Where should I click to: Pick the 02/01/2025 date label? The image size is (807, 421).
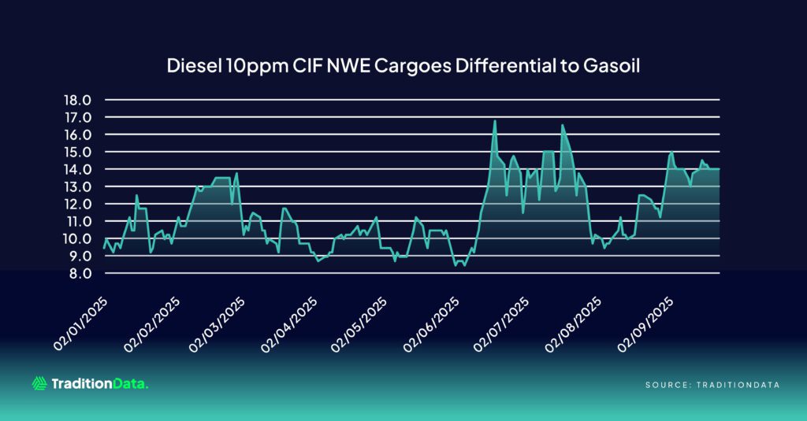(80, 324)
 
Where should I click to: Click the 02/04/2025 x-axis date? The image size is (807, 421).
(290, 324)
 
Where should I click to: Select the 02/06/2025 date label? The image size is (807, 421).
(430, 324)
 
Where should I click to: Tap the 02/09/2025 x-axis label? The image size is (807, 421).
(645, 324)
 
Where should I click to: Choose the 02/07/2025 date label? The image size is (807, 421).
(501, 324)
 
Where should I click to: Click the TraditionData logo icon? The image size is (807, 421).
(39, 383)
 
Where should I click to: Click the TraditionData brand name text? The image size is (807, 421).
(99, 383)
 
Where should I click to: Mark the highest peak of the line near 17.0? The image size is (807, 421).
(494, 121)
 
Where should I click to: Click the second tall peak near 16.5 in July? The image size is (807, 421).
(563, 125)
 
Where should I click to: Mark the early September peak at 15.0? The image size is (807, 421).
(671, 152)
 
